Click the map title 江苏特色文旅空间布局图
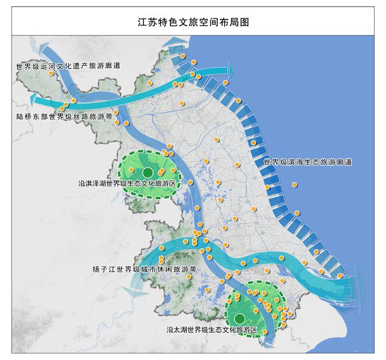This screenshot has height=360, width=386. [x=192, y=23]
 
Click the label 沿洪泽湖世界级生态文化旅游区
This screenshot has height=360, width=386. [x=131, y=184]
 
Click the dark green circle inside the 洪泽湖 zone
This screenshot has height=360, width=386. [x=147, y=172]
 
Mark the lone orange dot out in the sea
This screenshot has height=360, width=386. [x=295, y=184]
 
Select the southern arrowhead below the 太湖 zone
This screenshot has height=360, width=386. [x=270, y=341]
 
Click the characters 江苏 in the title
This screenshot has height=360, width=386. [x=145, y=23]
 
